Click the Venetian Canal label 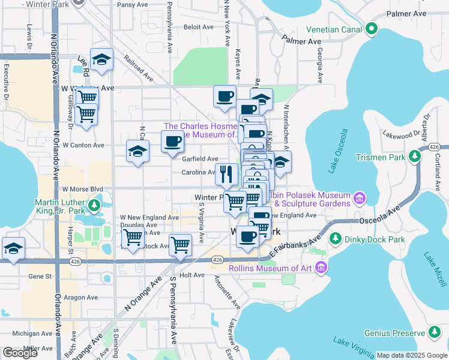click(x=334, y=29)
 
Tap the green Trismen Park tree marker click(x=414, y=156)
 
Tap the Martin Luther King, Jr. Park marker click(x=94, y=206)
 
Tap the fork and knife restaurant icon click(x=226, y=174)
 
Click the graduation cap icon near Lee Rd click(x=102, y=59)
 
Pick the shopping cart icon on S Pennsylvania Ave click(x=180, y=244)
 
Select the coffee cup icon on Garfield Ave click(x=172, y=142)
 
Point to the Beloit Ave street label click(x=199, y=27)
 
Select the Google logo click(x=20, y=353)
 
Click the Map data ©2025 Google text click(x=412, y=355)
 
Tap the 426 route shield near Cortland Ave click(x=435, y=147)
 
